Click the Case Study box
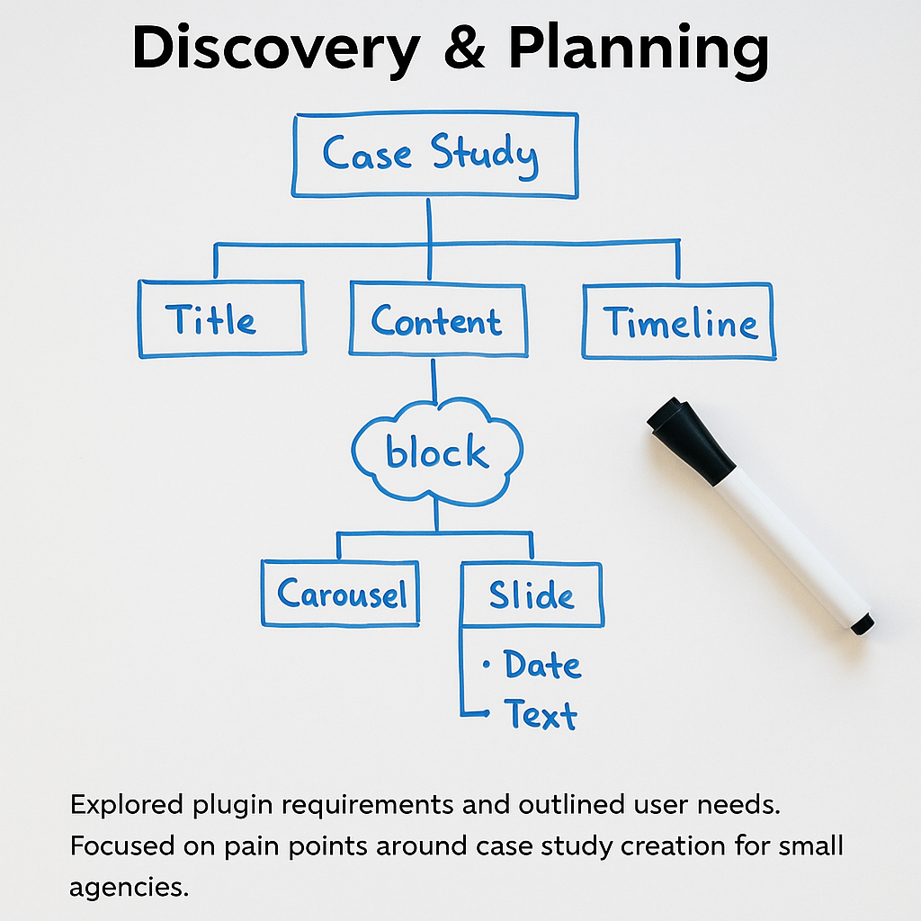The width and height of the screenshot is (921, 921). [x=434, y=154]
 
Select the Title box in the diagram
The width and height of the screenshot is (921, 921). [x=221, y=319]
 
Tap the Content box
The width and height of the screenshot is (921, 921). [x=437, y=320]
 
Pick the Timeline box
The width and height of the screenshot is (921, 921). [x=679, y=321]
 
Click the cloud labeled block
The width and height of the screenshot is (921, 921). [x=437, y=452]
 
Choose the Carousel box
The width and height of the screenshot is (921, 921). [x=341, y=594]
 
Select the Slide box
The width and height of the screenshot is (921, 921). [x=532, y=594]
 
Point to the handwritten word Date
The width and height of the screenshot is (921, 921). [x=542, y=666]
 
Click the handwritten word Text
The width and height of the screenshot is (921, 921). [x=541, y=715]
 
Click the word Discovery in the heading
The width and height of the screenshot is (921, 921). [x=275, y=49]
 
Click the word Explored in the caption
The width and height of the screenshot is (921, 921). [x=125, y=805]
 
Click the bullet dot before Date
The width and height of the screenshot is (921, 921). [x=487, y=666]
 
